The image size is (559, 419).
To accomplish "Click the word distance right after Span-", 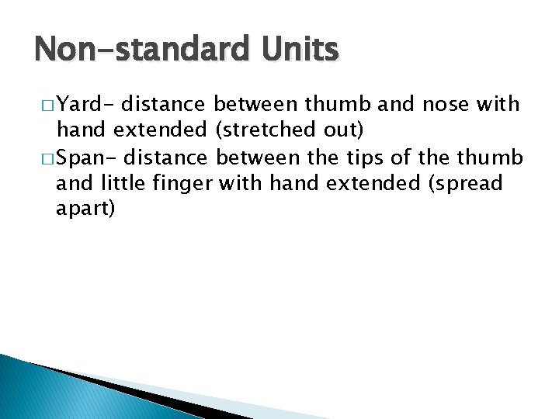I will click(x=165, y=158).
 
